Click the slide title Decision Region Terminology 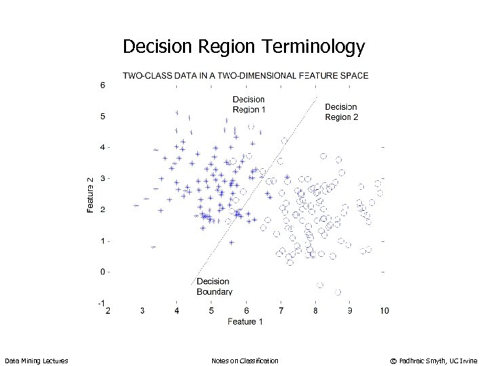pyautogui.click(x=243, y=47)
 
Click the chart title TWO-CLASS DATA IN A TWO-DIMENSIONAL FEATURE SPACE pyautogui.click(x=245, y=75)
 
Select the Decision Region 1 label pyautogui.click(x=249, y=104)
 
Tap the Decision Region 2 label pyautogui.click(x=342, y=112)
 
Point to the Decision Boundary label pyautogui.click(x=214, y=287)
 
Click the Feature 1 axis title pyautogui.click(x=245, y=321)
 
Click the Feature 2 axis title pyautogui.click(x=91, y=195)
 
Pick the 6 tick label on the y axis pyautogui.click(x=102, y=85)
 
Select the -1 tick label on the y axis pyautogui.click(x=101, y=303)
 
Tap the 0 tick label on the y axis pyautogui.click(x=102, y=272)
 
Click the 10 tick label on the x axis pyautogui.click(x=384, y=311)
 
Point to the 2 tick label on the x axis pyautogui.click(x=108, y=311)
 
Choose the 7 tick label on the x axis pyautogui.click(x=281, y=311)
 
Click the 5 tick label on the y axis pyautogui.click(x=102, y=117)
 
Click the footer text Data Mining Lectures pyautogui.click(x=36, y=361)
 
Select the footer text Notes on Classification pyautogui.click(x=245, y=361)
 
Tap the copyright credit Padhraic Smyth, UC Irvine pyautogui.click(x=434, y=361)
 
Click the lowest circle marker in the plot pyautogui.click(x=338, y=292)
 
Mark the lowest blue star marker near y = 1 pyautogui.click(x=154, y=247)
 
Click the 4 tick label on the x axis pyautogui.click(x=177, y=311)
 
